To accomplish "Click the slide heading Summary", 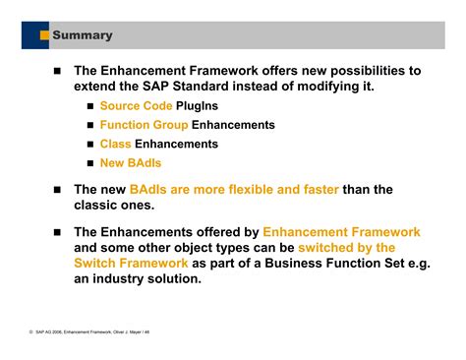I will click(x=82, y=36).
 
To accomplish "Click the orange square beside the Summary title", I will click(x=44, y=36).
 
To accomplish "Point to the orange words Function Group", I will click(x=144, y=125).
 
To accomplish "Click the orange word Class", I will click(x=116, y=144).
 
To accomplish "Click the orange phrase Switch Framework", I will click(x=131, y=263).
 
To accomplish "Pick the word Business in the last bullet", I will click(x=311, y=263).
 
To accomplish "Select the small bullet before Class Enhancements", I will click(x=89, y=144).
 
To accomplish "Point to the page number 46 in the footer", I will click(x=147, y=332).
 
